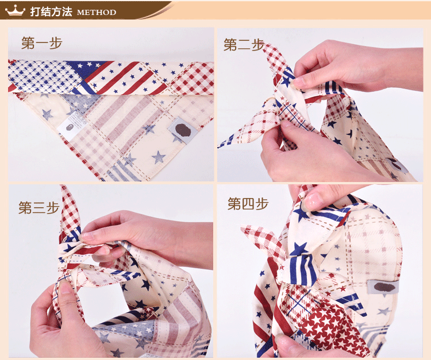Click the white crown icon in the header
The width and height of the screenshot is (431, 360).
[x=15, y=10]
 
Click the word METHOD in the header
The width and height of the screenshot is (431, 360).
[x=97, y=13]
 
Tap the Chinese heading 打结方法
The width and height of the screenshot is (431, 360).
[x=51, y=11]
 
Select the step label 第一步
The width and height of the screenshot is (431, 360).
[x=42, y=43]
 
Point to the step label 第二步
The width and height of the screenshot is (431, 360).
[x=244, y=44]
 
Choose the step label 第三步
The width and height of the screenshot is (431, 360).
[x=39, y=207]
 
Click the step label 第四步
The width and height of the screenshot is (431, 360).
[x=248, y=204]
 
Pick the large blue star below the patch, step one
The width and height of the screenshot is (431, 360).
[x=159, y=157]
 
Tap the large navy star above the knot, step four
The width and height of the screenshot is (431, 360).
[x=298, y=249]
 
